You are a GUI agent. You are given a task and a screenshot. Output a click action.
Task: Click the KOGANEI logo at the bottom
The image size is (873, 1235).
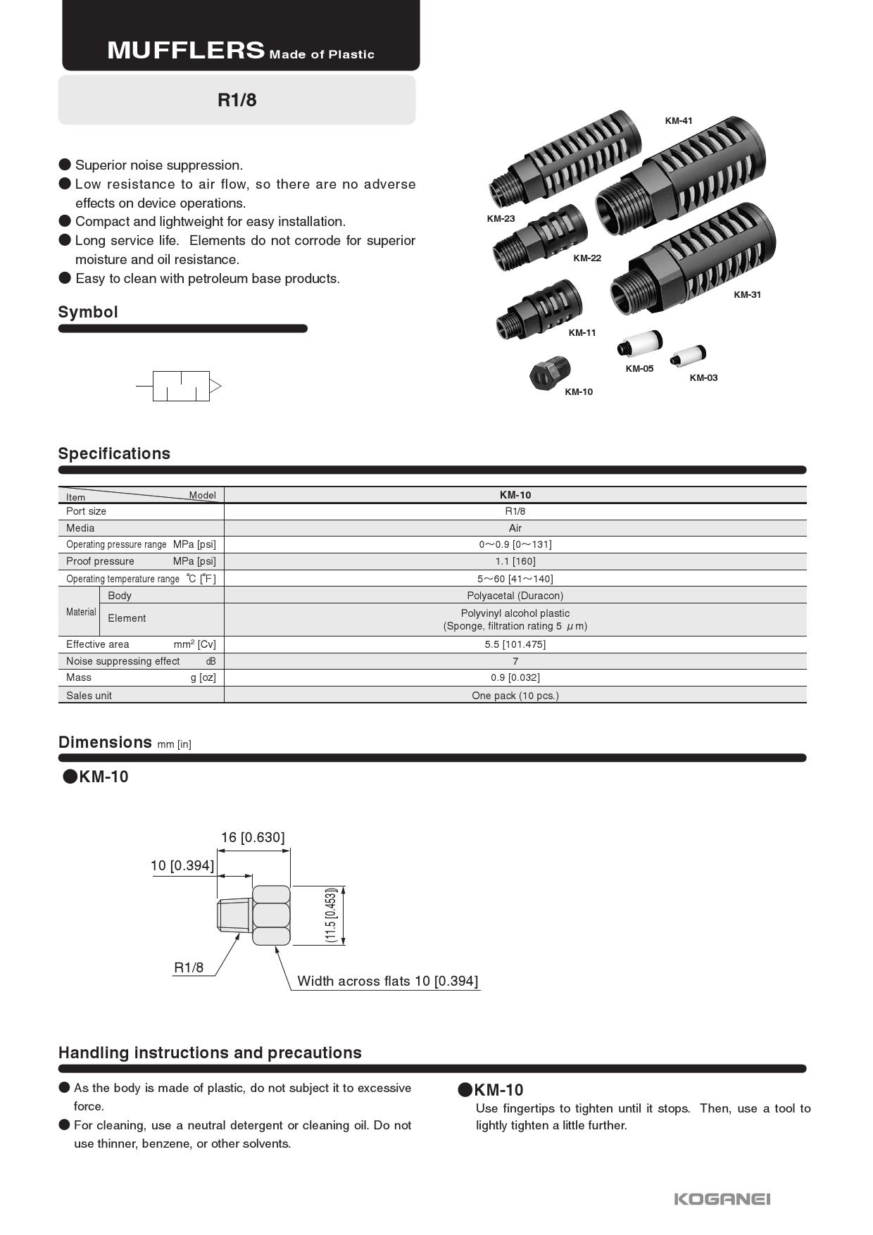tap(722, 1198)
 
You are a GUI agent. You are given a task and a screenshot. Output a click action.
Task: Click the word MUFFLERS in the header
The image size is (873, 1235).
tap(186, 51)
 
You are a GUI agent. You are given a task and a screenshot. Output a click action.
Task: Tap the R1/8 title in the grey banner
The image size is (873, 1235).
tap(237, 100)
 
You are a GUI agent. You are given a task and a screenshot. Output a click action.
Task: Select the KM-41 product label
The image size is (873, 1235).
tap(679, 121)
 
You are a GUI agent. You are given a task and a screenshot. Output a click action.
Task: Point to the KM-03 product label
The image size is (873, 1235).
tap(703, 378)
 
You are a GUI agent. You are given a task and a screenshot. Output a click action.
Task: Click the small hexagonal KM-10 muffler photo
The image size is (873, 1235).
tap(550, 372)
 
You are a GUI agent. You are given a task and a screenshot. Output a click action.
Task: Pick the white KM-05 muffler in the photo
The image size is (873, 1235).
tap(640, 345)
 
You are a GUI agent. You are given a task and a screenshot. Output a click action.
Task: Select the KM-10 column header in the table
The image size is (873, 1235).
tap(515, 495)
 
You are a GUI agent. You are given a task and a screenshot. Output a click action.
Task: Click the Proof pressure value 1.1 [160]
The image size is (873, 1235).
tap(515, 561)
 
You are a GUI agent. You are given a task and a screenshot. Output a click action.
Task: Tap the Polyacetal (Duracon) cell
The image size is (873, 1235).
tap(515, 596)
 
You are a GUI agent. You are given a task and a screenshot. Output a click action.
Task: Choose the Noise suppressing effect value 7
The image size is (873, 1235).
tap(515, 661)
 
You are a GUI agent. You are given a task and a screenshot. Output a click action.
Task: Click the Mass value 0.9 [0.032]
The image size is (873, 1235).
tap(515, 677)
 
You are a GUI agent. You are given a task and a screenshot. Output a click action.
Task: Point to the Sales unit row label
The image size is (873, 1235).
tap(89, 696)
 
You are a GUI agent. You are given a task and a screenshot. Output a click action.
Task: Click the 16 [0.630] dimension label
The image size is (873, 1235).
tap(253, 837)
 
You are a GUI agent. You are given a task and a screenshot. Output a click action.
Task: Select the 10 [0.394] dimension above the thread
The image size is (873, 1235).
tap(182, 865)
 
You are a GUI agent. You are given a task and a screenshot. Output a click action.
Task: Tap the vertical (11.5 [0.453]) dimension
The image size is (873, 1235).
tap(331, 915)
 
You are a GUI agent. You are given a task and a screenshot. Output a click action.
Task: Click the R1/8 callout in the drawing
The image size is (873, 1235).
tap(189, 967)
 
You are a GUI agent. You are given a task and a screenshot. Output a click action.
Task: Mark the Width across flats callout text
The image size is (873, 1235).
tap(387, 981)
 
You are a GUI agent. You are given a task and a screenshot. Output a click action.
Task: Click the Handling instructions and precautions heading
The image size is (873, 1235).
tap(210, 1053)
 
